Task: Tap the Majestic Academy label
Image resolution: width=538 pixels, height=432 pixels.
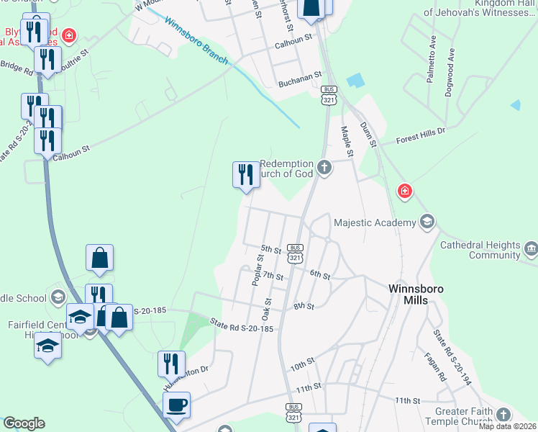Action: pos(375,222)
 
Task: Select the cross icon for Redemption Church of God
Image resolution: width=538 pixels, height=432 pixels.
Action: pos(324,168)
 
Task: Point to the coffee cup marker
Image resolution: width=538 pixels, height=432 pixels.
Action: pos(176,405)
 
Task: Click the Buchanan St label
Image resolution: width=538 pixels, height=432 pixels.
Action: pos(299,84)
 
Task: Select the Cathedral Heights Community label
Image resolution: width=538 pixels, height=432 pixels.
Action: pos(480,250)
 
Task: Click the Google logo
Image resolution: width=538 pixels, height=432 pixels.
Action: pos(24,423)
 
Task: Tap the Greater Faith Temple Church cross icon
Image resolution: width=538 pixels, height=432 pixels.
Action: pos(503,415)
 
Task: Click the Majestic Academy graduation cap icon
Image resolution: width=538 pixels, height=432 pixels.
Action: pos(427,222)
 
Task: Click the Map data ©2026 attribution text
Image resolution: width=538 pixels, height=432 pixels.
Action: pos(508,426)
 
